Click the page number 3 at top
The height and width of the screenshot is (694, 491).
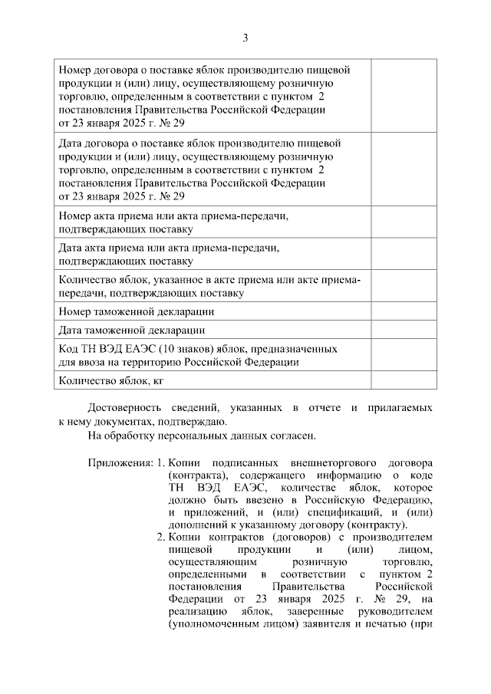(x=245, y=37)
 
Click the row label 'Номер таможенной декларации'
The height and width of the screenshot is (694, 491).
(x=137, y=311)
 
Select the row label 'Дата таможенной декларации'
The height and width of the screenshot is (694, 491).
(x=131, y=331)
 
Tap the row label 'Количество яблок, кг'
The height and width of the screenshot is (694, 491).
(x=112, y=380)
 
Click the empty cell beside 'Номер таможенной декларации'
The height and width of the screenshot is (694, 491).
(x=404, y=311)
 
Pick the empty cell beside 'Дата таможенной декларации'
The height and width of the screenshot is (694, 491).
(x=404, y=331)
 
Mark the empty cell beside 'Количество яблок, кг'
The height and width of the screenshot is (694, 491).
(x=404, y=380)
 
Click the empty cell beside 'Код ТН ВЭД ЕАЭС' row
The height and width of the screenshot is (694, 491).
(x=404, y=355)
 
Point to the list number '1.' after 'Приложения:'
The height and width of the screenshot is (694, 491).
(x=160, y=463)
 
